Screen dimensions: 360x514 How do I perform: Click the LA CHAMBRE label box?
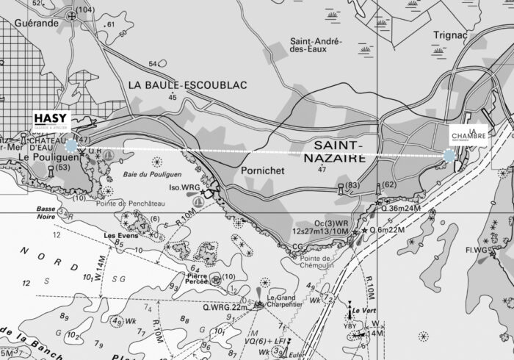point(468,135)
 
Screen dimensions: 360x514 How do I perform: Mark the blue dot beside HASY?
point(71,145)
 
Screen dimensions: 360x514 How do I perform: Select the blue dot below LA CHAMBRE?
point(449,156)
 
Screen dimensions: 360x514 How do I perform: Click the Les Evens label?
point(120,236)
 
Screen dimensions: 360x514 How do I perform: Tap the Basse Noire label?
point(47,212)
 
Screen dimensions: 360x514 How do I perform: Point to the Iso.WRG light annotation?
point(186,187)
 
